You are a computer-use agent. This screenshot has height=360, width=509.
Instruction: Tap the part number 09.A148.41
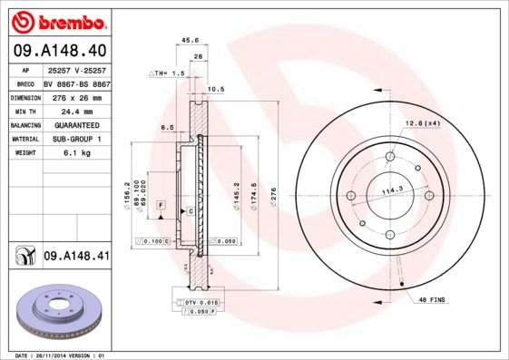(76, 257)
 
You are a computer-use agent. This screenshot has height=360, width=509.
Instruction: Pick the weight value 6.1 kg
(74, 153)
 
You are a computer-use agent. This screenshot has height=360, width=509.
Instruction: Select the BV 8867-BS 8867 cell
(76, 83)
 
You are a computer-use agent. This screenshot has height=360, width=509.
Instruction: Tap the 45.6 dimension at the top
(191, 40)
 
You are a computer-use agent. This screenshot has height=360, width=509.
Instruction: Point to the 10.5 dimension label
(216, 89)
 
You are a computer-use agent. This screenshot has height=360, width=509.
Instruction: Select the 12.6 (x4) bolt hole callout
(422, 122)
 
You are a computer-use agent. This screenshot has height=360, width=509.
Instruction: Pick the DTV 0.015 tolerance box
(199, 300)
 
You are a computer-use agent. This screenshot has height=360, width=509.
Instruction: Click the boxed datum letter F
(160, 207)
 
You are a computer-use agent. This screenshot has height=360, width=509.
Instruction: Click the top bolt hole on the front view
(390, 156)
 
